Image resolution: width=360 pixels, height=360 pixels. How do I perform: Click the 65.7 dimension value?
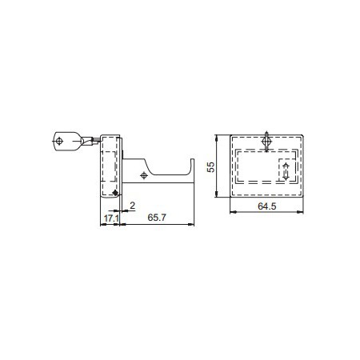click(157, 218)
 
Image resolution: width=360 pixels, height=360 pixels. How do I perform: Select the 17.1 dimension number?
click(111, 218)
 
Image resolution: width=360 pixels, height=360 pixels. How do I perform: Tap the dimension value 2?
click(132, 206)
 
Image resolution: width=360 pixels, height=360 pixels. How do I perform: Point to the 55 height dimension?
click(211, 167)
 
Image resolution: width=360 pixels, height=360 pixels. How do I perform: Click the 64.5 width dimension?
click(267, 206)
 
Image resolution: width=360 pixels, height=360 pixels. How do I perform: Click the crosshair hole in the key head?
click(59, 141)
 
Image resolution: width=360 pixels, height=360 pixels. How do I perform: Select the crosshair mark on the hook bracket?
click(144, 175)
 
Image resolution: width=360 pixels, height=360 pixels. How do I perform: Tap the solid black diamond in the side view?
click(115, 193)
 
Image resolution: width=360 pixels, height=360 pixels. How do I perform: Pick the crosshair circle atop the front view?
click(266, 142)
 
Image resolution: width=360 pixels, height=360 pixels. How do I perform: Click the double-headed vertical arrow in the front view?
click(286, 171)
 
